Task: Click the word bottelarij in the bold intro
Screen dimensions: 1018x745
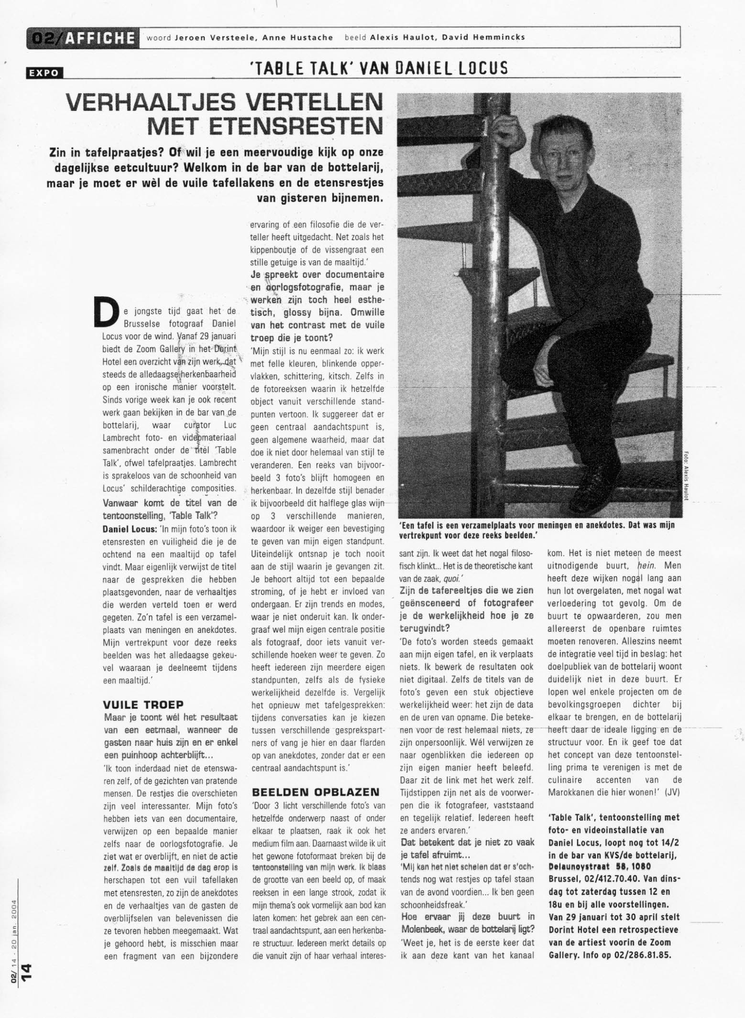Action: pos(346,168)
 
